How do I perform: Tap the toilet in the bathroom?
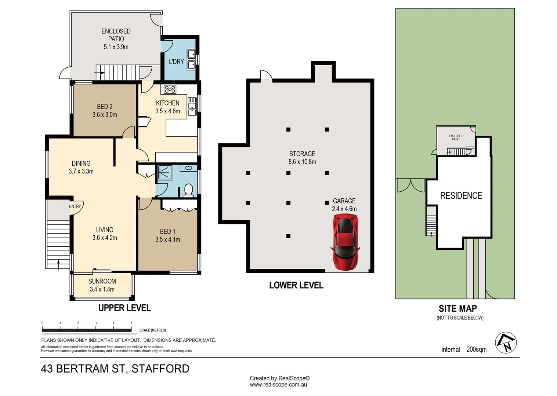pos(188,190)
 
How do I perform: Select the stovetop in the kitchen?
pos(170,89)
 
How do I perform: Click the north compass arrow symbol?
pos(506,343)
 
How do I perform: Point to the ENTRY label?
pos(75,206)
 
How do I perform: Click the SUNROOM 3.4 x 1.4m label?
pos(102,285)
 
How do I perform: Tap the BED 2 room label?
pos(105,110)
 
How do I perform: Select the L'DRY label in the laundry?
pos(176,62)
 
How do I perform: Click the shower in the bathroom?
pos(165,173)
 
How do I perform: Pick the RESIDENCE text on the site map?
pos(461,196)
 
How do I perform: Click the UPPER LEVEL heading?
pos(124,308)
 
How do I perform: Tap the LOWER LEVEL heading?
pos(296,285)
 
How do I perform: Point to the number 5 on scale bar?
pos(131,323)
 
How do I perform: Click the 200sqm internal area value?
pos(476,349)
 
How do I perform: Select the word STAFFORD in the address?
pos(160,368)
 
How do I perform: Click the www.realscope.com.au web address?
pos(278,385)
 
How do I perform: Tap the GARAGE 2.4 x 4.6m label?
pos(344,205)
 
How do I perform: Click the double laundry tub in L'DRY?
pos(191,59)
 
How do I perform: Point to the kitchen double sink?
pos(192,106)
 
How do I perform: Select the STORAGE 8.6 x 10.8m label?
pos(302,158)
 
